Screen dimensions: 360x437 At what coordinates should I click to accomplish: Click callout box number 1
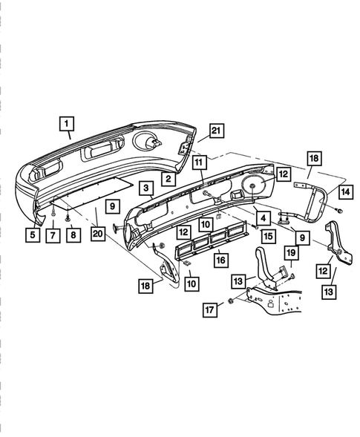coord(67,124)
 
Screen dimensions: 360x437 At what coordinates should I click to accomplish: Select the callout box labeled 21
coord(217,131)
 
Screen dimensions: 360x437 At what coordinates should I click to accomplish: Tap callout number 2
coord(168,179)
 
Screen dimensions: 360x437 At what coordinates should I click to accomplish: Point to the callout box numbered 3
coord(146,188)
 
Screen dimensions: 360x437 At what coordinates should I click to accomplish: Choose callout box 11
coord(199,162)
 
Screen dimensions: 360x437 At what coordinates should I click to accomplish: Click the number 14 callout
coord(346,192)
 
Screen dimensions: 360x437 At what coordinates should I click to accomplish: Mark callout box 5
coord(33,235)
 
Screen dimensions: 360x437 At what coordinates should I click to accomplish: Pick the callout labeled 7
coord(53,236)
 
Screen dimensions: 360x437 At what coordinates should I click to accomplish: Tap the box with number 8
coord(73,235)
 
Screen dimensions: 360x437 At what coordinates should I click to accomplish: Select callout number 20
coord(98,234)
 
